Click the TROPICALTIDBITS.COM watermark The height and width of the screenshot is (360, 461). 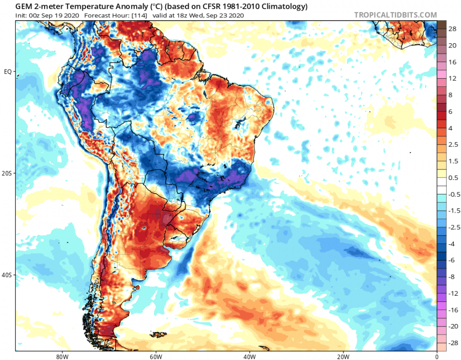point(396,15)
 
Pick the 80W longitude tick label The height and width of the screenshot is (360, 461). point(61,357)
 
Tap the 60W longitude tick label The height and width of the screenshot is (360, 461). point(155,357)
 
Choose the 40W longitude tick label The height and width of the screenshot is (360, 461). point(249,357)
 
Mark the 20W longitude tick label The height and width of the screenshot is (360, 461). point(343,357)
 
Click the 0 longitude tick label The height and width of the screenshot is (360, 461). point(437,357)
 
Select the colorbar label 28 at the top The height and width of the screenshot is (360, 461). point(452,29)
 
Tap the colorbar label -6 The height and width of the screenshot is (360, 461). point(452,260)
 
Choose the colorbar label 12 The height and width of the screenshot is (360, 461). point(452,78)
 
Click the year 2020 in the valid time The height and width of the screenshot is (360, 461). point(236,15)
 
